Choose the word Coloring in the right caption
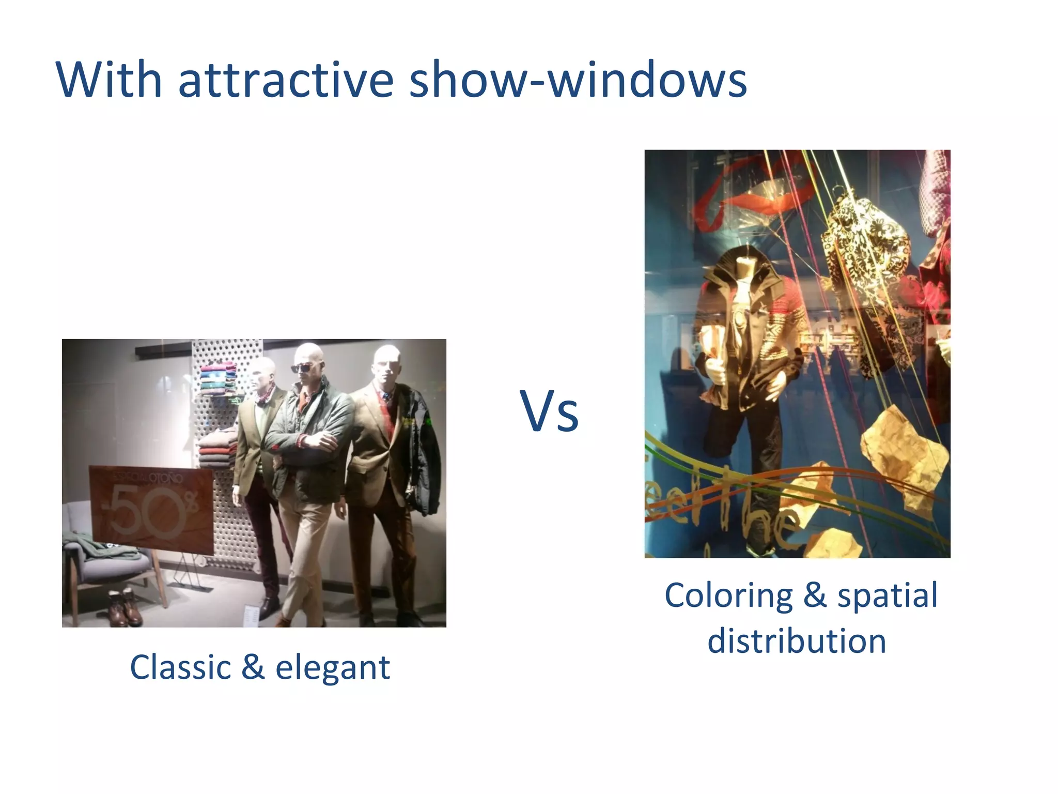tap(728, 595)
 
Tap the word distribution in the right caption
tap(797, 641)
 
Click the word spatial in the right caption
tap(887, 595)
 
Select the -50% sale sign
tap(151, 509)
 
